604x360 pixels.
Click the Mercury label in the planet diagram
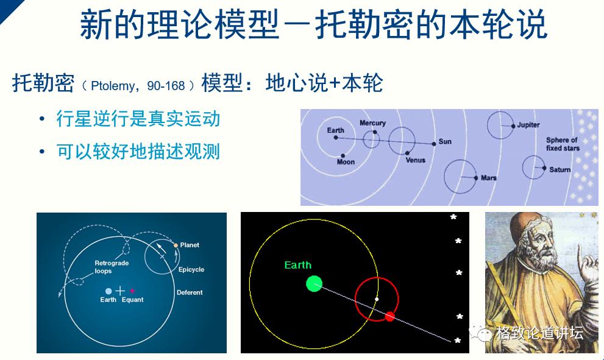tap(372, 123)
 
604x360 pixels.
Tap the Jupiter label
tap(528, 125)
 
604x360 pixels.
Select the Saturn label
tap(560, 169)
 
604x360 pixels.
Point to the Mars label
tap(488, 178)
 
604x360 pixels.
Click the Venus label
tap(415, 160)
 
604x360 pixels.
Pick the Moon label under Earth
tap(346, 162)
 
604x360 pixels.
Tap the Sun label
tap(445, 142)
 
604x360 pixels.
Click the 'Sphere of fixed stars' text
tap(563, 144)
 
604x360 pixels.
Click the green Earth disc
tap(314, 283)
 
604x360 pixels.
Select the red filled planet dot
tap(390, 316)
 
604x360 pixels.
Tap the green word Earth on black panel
tap(297, 265)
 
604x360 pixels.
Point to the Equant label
tap(132, 300)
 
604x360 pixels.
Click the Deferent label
tap(190, 292)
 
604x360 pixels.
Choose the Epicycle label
tap(191, 269)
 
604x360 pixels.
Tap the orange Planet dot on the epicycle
tap(176, 245)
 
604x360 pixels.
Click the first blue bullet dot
tap(42, 118)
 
